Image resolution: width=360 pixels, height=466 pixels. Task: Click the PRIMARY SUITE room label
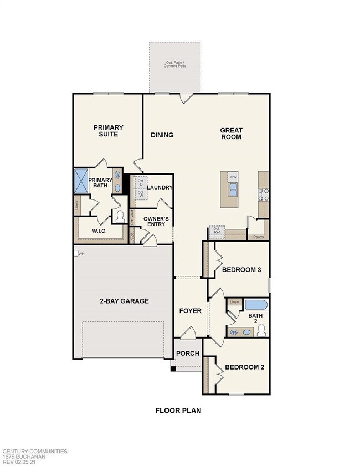[x=108, y=130]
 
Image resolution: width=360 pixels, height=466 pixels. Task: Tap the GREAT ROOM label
[x=231, y=134]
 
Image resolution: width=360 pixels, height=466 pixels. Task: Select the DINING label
[x=162, y=135]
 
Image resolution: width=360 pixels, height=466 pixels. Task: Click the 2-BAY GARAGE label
[x=124, y=301]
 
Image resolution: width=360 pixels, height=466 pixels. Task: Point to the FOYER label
[x=190, y=311]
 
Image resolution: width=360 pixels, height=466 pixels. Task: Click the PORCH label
[x=187, y=354]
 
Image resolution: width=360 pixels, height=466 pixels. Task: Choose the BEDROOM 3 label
[x=241, y=270]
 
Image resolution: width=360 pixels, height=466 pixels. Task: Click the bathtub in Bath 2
[x=255, y=305]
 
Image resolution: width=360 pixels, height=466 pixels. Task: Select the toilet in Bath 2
[x=261, y=331]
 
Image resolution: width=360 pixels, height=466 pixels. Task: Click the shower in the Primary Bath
[x=81, y=181]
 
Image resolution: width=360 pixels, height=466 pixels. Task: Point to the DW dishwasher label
[x=233, y=177]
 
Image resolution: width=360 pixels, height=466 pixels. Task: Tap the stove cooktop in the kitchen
[x=263, y=194]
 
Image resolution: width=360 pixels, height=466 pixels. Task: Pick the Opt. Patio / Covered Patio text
[x=175, y=64]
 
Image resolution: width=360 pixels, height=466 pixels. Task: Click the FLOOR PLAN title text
[x=178, y=411]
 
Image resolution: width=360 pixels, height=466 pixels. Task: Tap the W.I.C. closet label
[x=100, y=230]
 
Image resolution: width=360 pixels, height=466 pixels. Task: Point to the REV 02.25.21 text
[x=23, y=462]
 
